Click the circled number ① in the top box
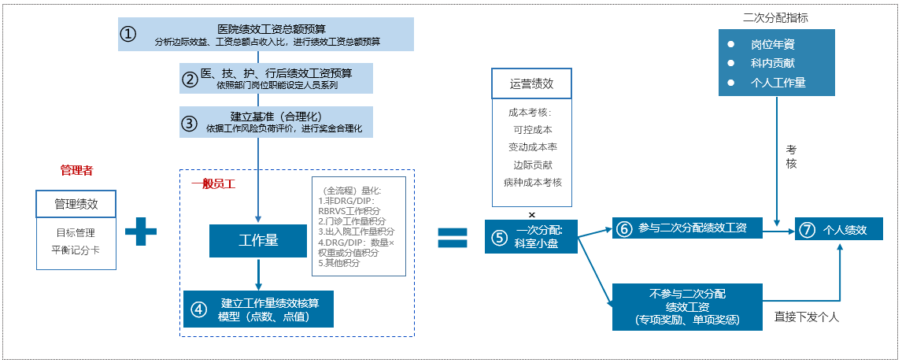click(128, 33)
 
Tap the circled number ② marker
click(190, 79)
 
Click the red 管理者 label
click(76, 170)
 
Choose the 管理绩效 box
click(76, 204)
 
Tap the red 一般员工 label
click(213, 184)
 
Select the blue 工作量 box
click(258, 240)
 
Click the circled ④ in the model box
click(198, 309)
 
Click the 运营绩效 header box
click(531, 83)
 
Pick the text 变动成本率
click(533, 147)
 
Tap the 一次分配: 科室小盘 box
click(531, 237)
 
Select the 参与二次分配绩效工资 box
click(686, 228)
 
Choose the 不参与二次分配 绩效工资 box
click(687, 307)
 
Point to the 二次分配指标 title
click(775, 17)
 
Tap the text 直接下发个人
click(807, 317)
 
